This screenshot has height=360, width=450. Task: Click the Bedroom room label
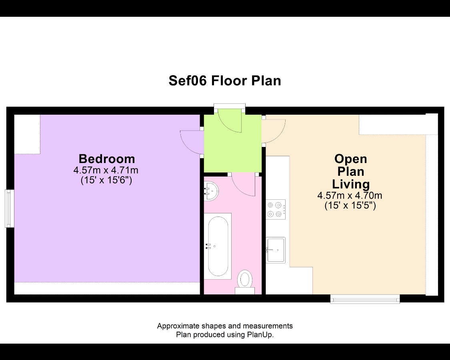point(107,159)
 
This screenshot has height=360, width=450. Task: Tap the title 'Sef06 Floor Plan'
point(225,81)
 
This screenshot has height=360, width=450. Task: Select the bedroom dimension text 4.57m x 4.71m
point(106,170)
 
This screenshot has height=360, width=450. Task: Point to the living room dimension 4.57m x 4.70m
point(350,195)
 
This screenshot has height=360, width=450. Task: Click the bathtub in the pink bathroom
point(218,246)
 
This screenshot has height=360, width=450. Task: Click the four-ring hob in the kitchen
point(276,209)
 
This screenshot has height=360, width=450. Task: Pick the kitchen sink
point(276,250)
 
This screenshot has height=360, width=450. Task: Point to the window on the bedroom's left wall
point(10,209)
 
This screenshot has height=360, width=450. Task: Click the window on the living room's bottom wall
point(365,299)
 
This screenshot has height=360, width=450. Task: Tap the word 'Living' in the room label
point(351,184)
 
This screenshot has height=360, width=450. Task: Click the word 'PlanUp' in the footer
point(259,334)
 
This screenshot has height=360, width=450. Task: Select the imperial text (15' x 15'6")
point(106,180)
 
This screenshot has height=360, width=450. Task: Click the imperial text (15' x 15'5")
point(350,205)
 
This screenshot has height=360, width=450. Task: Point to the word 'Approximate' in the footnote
point(178,326)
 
